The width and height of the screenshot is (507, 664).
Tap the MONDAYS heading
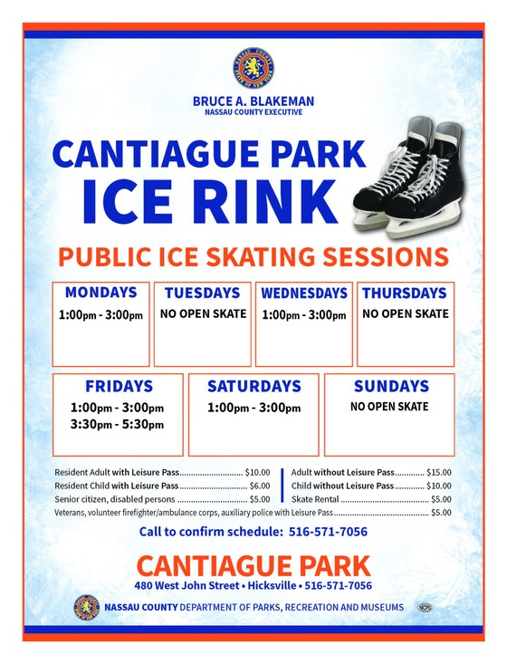click(100, 293)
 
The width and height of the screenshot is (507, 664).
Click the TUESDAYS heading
click(203, 294)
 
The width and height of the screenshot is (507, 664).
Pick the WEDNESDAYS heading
click(304, 294)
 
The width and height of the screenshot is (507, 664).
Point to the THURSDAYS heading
click(405, 294)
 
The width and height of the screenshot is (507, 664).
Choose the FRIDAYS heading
click(119, 386)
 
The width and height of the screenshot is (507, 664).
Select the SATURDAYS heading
click(253, 386)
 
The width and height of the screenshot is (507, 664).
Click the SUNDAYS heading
click(391, 386)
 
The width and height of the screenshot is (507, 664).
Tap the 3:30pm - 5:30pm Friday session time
click(119, 424)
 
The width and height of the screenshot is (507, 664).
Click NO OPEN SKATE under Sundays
click(389, 407)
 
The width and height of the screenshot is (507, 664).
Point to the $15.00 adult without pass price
click(439, 472)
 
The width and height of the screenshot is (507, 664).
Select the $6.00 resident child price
click(260, 486)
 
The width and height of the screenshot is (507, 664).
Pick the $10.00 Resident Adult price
click(258, 472)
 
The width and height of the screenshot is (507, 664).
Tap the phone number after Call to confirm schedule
click(328, 532)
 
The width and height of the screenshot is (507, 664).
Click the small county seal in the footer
click(87, 607)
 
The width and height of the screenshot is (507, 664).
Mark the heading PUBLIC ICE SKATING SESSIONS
click(253, 255)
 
